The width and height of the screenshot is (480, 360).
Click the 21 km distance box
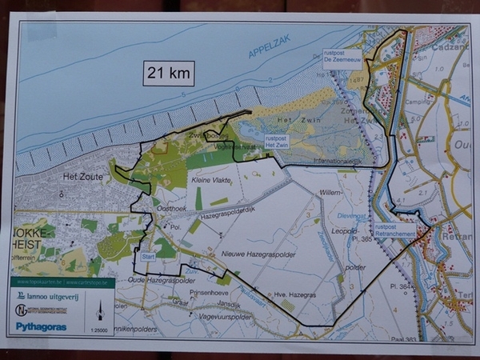[169, 74]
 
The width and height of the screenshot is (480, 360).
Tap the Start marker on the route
[148, 257]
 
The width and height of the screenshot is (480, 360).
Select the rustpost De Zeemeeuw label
[342, 57]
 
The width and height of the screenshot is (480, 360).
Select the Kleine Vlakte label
[212, 182]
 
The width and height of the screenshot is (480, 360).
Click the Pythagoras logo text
[37, 326]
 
